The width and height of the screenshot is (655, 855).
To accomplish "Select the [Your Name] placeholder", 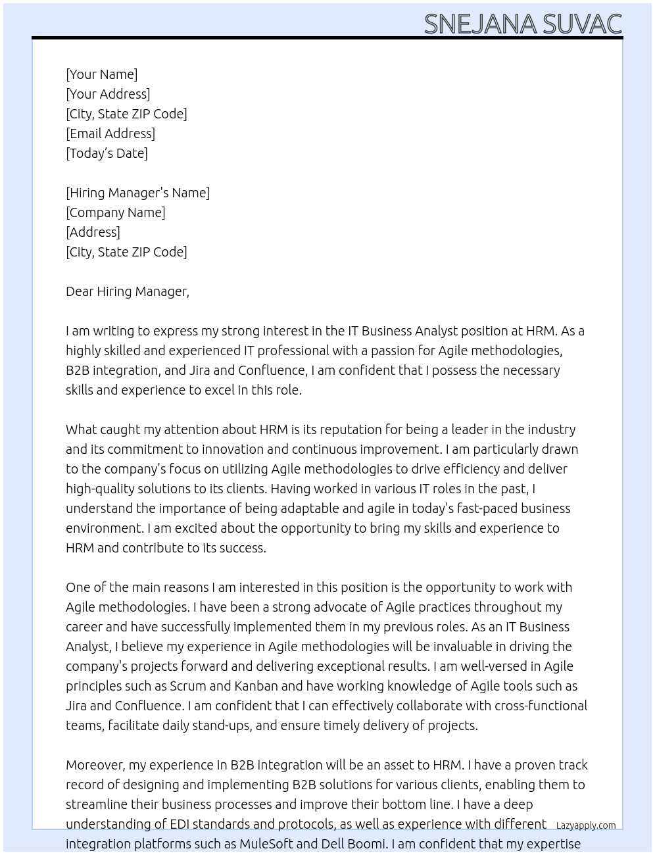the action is (x=101, y=74).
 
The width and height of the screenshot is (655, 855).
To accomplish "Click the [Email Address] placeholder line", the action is (x=110, y=134).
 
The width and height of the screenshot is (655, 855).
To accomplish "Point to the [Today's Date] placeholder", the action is (x=107, y=153).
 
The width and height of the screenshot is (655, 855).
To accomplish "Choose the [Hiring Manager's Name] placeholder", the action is (x=137, y=193).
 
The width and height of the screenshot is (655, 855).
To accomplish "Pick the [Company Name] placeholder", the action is (x=115, y=212).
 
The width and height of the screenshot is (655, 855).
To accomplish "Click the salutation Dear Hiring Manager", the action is (x=127, y=291).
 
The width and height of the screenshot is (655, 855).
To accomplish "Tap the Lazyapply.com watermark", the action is (x=586, y=825).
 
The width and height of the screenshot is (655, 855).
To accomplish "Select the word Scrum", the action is (x=187, y=686).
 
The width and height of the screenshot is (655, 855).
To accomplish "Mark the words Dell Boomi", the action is (x=355, y=844).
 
